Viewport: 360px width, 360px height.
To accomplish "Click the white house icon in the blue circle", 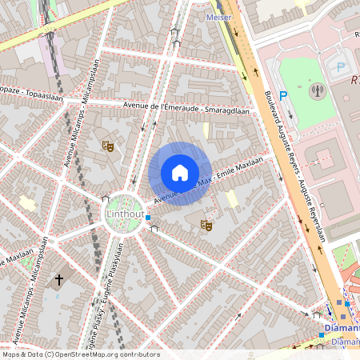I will point(180,173).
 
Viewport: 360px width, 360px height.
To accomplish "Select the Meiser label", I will point(218,16).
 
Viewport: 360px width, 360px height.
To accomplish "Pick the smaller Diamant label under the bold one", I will point(345,342).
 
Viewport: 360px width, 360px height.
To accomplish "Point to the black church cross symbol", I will point(58,280).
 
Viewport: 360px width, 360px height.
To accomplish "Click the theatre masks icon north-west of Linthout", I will point(106,146).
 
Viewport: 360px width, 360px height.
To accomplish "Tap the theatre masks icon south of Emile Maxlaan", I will point(206,226).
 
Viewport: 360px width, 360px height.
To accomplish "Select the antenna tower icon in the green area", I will point(317,89).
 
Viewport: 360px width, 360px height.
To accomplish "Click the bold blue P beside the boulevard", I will point(282,95).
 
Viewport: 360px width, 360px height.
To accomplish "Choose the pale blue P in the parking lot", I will point(342,69).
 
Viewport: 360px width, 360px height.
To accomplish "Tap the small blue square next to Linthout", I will point(148,218).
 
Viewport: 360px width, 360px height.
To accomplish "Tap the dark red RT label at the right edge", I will point(354,80).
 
